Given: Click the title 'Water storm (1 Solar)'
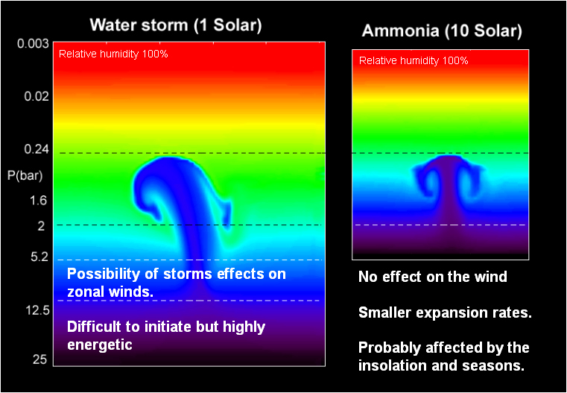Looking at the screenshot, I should point(176,25).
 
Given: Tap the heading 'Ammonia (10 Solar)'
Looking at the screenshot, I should point(441,31).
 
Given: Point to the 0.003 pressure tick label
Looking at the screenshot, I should point(33,43).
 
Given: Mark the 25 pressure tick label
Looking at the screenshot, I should point(39,359).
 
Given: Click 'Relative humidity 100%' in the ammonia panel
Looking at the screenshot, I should point(414,60).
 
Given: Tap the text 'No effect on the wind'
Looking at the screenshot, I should point(432,277).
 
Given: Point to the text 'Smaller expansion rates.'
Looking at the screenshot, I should point(445,312).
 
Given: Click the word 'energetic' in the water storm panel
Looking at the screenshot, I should point(101,345).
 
